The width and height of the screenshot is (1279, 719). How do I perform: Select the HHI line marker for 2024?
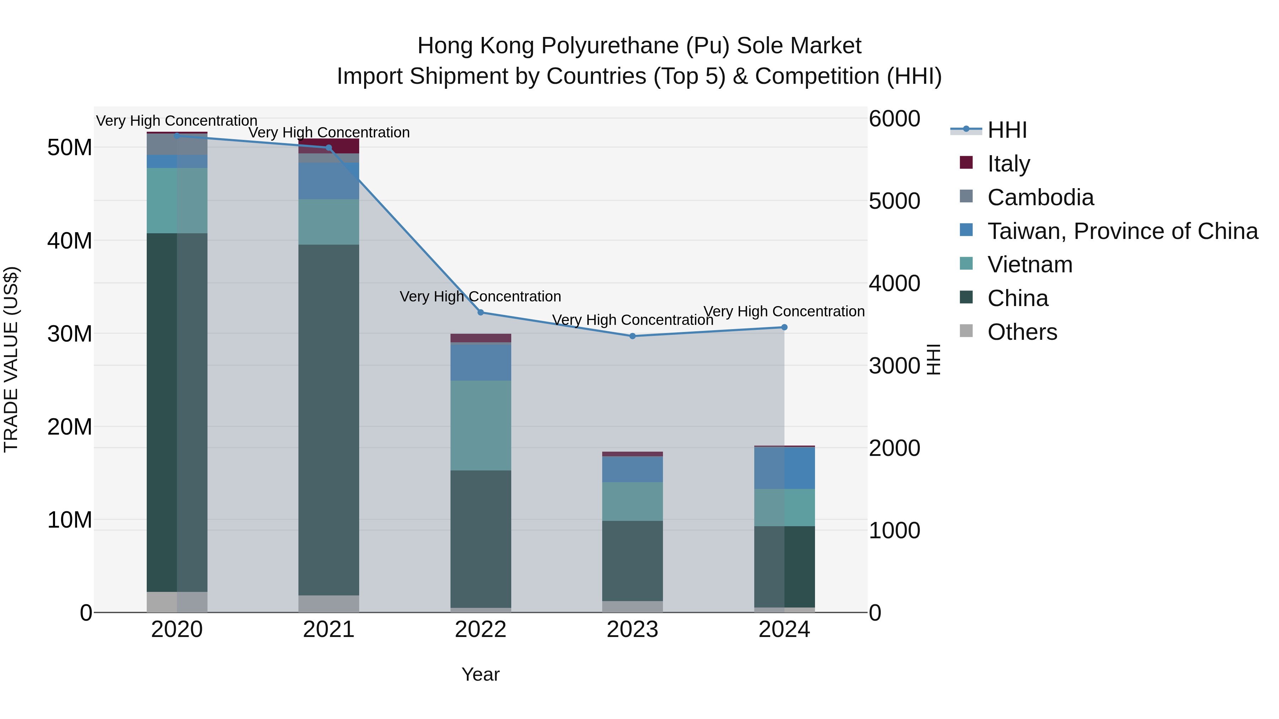(784, 327)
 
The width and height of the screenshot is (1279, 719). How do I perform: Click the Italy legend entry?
(1008, 164)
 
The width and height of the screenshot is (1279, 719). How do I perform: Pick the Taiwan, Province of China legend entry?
(1122, 231)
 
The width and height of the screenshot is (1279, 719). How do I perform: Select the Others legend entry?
(1022, 332)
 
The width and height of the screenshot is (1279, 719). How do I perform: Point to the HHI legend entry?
(1007, 130)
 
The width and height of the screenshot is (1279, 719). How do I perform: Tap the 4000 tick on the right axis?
(894, 284)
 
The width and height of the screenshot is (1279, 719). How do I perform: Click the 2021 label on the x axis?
(328, 630)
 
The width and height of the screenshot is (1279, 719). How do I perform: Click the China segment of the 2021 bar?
(328, 419)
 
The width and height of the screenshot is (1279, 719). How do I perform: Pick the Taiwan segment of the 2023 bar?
(632, 469)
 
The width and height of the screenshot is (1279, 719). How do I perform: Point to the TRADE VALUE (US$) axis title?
(11, 359)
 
